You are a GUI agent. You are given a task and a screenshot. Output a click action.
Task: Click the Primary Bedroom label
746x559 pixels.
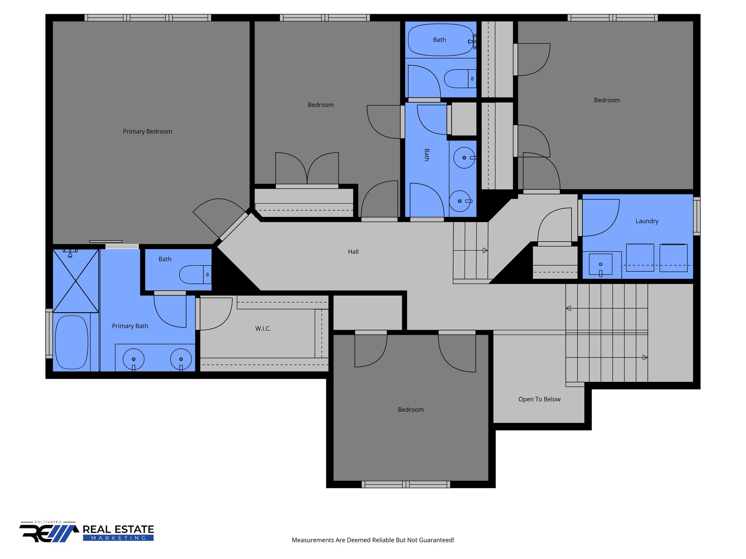pos(147,131)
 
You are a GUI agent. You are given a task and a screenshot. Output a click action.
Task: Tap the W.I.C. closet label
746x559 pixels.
pos(263,329)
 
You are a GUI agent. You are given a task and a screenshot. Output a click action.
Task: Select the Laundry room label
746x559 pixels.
pos(647,221)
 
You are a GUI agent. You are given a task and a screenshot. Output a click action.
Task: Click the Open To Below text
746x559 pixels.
pos(539,399)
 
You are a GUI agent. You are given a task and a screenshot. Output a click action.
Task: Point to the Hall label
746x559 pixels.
pos(353,251)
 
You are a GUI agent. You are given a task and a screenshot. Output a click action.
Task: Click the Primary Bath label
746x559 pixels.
pos(130,326)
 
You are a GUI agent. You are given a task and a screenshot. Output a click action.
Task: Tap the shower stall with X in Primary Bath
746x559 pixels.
pos(76,281)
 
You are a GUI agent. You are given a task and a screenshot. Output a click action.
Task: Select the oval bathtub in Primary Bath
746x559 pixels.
pos(71,342)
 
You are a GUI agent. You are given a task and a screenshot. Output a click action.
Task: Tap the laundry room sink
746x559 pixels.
pos(600,265)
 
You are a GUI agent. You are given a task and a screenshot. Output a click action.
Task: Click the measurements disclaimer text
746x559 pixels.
pos(373,540)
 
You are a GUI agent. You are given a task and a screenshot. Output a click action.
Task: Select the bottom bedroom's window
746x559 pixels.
pos(406,484)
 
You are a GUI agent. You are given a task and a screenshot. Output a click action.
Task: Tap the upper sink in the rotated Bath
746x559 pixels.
pos(464,158)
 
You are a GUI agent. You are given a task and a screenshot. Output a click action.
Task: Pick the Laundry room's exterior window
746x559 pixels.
pos(696,216)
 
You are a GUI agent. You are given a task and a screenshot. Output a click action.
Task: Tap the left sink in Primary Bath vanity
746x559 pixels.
pos(133,359)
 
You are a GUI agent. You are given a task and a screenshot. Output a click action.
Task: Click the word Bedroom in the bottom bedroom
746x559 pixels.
pos(411,410)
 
